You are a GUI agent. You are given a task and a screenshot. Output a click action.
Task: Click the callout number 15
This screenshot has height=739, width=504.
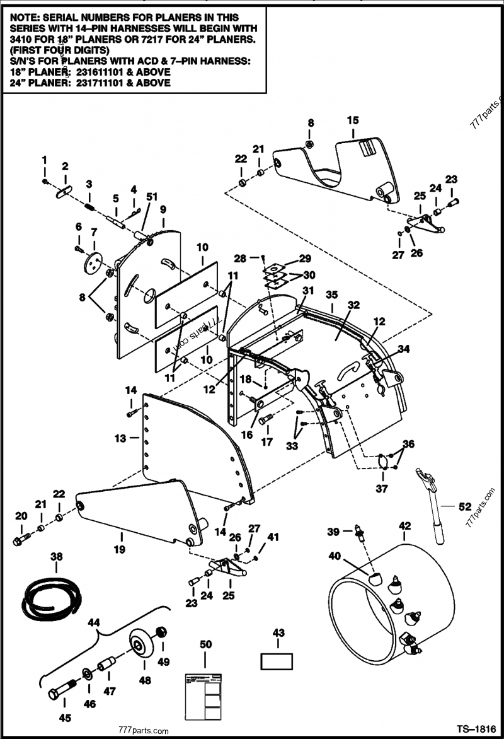(x=352, y=120)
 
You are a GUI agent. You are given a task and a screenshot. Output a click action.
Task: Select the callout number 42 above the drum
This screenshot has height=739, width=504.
(x=404, y=525)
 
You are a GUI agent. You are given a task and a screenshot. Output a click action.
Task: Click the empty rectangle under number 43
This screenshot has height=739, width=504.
(x=277, y=661)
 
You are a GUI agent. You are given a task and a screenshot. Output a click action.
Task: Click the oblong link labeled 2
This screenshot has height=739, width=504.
(x=64, y=192)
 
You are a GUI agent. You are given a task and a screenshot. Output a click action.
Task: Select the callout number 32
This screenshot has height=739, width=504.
(x=353, y=304)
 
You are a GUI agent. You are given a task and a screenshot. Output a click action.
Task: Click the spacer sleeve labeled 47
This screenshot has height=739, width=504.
(x=106, y=666)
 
